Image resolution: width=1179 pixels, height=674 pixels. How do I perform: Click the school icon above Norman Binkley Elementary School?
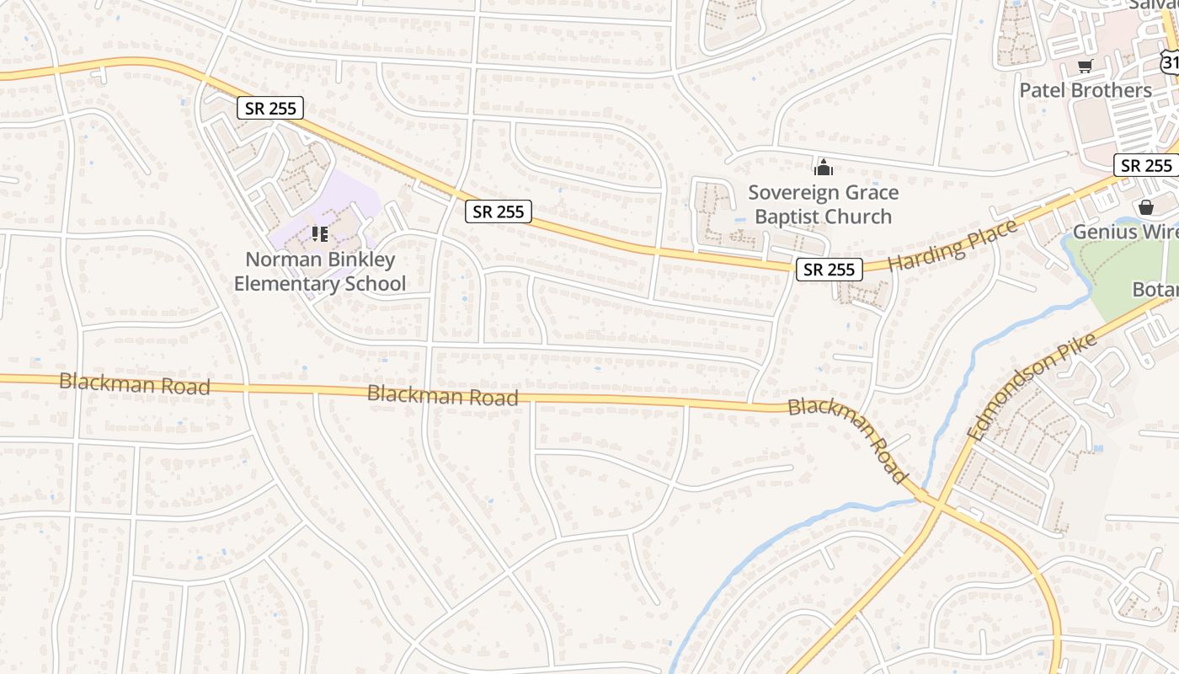[319, 233]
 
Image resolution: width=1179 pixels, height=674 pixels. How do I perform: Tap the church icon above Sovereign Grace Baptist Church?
[823, 167]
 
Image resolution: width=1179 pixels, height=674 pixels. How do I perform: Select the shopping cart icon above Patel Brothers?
[1085, 67]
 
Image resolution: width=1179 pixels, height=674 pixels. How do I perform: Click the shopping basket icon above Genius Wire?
[1145, 206]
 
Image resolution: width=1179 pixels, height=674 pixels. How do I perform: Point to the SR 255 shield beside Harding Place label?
[830, 270]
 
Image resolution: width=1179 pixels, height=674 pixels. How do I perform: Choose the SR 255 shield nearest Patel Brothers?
[1146, 165]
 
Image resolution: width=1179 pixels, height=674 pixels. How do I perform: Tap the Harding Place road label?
[952, 246]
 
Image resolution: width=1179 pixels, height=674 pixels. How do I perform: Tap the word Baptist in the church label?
[787, 217]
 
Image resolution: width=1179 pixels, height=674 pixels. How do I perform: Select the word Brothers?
[1112, 90]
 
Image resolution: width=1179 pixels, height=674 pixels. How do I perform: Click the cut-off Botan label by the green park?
[1155, 289]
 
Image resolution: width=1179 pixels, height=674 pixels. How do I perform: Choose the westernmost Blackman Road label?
[135, 384]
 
